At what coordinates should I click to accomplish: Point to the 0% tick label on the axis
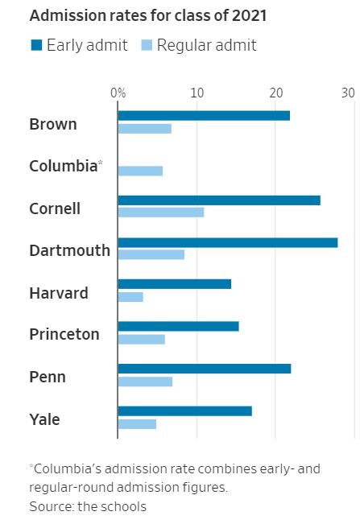coord(118,93)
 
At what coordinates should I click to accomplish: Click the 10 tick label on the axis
coord(197,93)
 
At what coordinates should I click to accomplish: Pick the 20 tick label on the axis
coord(275,93)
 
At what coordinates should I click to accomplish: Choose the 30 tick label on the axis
coord(347,93)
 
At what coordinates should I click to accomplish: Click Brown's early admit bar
coord(204,116)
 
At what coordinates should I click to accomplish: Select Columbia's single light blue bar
coord(140,171)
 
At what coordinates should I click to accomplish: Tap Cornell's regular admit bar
coord(161,212)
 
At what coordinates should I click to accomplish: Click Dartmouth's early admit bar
coord(228,242)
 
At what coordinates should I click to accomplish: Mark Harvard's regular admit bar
coord(130,297)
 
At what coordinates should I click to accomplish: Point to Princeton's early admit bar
coord(178,326)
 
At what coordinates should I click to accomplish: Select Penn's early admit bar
coord(205,369)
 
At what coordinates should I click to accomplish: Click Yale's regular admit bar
coord(137,423)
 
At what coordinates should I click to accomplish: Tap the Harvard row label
coord(59,293)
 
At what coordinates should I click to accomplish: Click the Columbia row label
coord(63,167)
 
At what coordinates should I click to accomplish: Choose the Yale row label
coord(44,419)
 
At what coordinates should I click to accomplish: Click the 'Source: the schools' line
coord(88,506)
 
